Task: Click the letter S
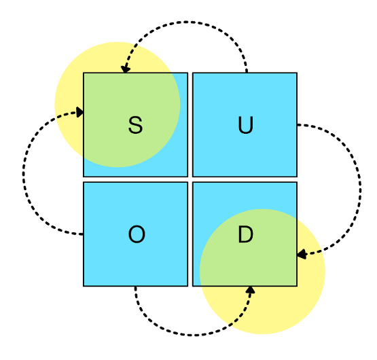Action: (136, 125)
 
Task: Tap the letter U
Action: (245, 125)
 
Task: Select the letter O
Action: (137, 234)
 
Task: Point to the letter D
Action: (245, 234)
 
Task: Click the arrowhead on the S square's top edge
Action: (125, 69)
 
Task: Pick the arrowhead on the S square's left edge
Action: (79, 112)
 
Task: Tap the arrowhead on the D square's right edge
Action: (302, 254)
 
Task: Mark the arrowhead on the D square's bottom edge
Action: (250, 290)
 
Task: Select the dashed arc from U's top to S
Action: (186, 22)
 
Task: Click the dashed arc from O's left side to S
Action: (23, 173)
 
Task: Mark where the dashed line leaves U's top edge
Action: (247, 73)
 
